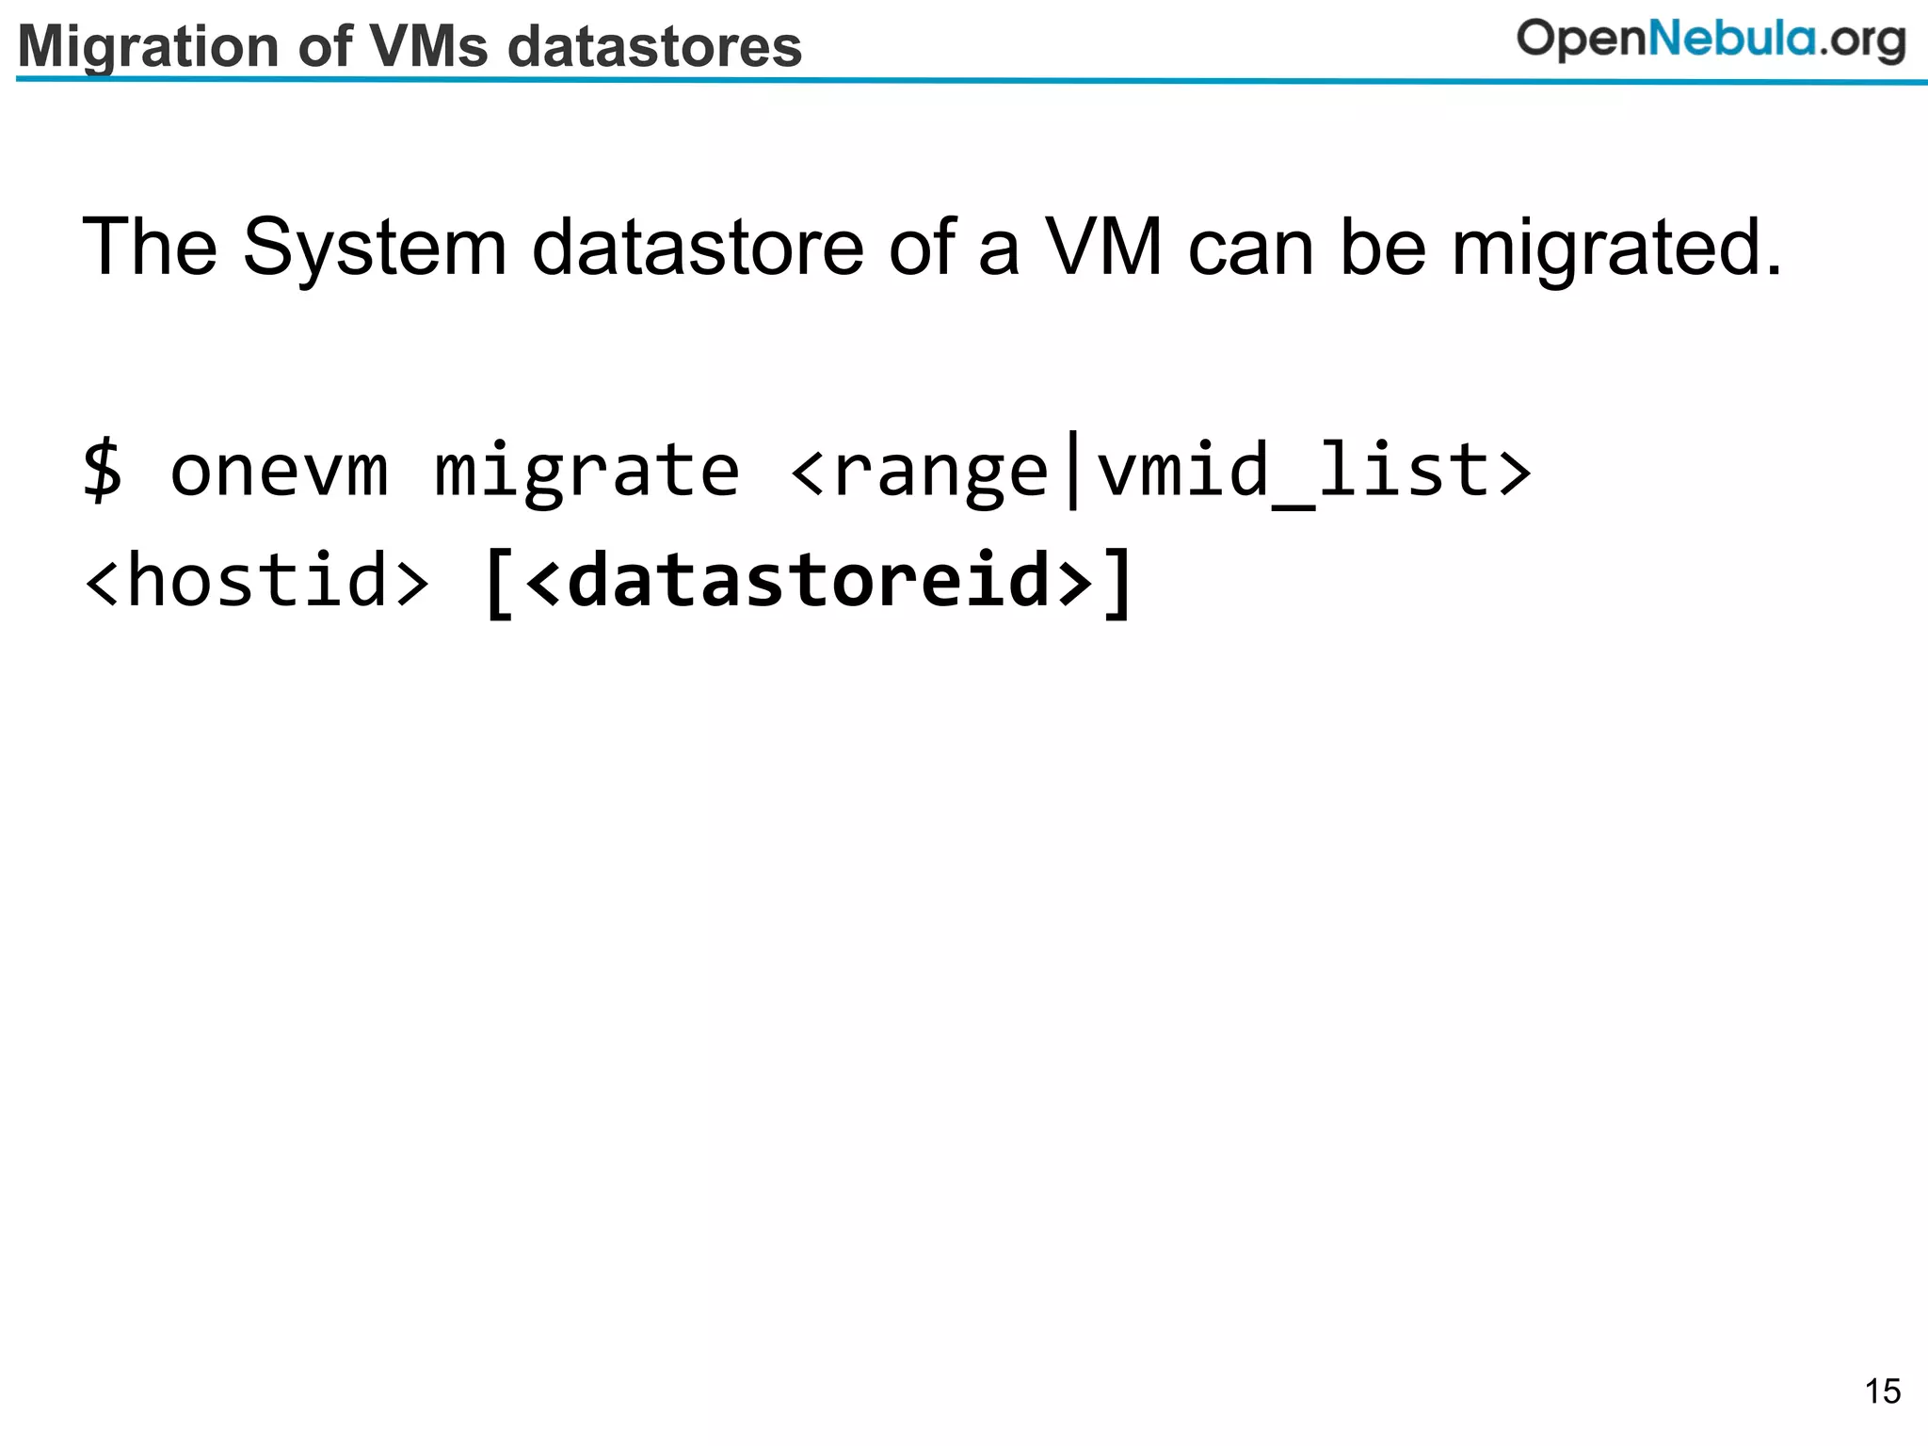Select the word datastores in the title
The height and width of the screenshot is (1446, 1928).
coord(655,47)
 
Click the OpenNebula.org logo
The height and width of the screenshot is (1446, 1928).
coord(1711,41)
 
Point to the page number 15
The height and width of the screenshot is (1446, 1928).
coord(1883,1391)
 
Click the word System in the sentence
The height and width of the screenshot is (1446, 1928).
coord(375,248)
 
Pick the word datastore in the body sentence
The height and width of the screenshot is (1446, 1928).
coord(698,248)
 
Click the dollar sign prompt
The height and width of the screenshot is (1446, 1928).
coord(103,470)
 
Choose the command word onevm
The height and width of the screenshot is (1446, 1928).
coord(279,470)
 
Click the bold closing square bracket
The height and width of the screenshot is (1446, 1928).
coord(1118,583)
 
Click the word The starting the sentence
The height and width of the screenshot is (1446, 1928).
coord(150,248)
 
